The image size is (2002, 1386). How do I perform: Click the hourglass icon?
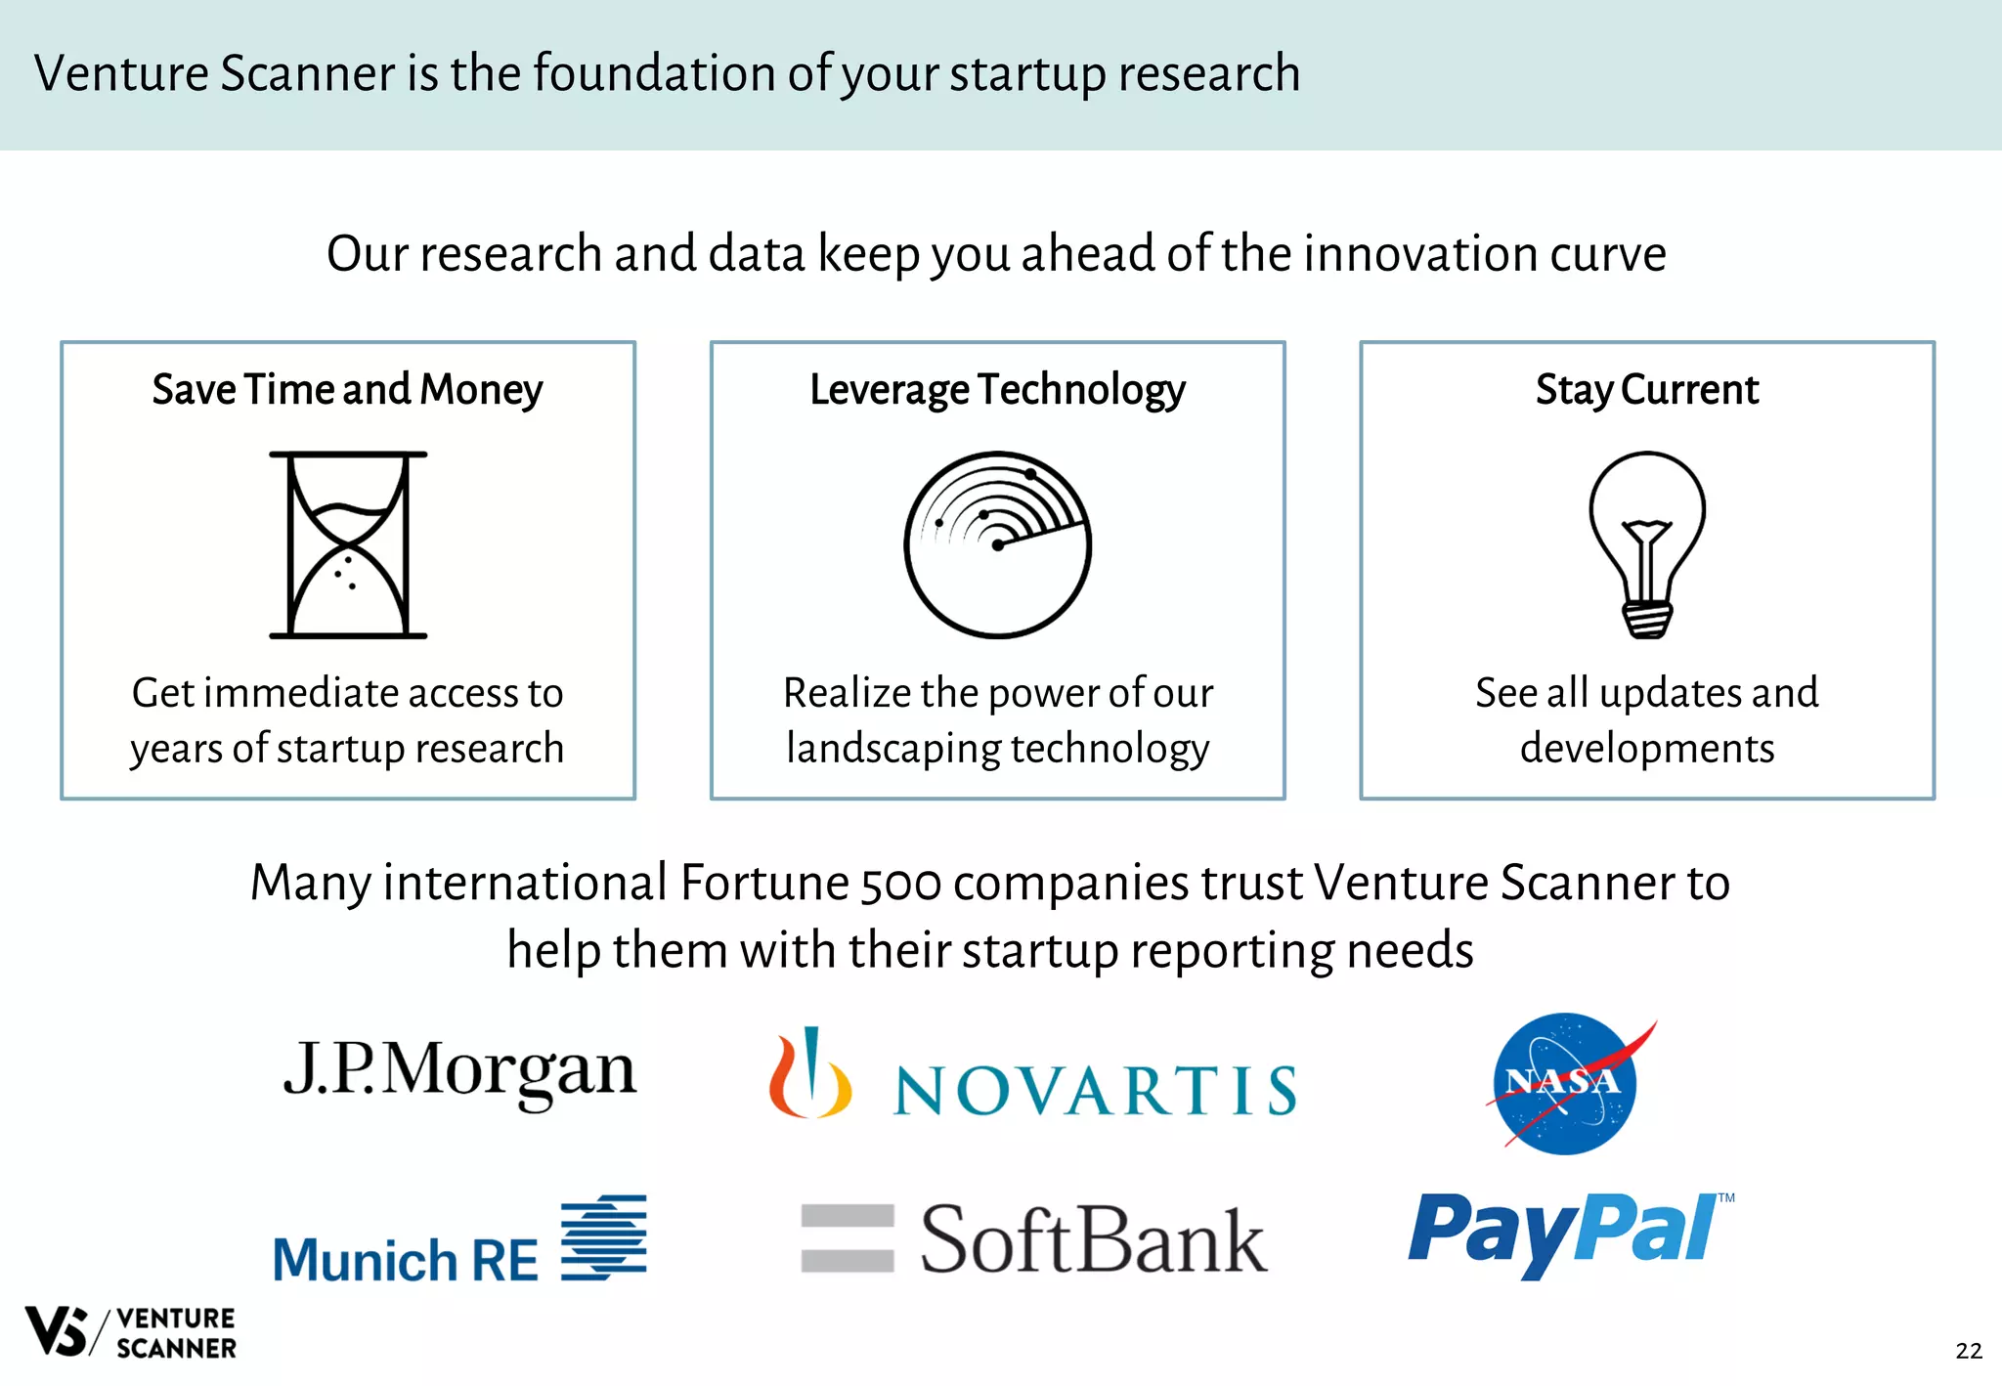point(348,544)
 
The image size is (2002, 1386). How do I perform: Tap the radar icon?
point(997,544)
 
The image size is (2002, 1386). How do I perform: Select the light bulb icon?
point(1647,544)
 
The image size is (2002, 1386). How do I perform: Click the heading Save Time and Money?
point(347,390)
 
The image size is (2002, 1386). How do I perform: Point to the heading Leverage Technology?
point(997,390)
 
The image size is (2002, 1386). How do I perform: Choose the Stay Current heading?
point(1647,390)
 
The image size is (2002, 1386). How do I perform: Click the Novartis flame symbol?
point(808,1075)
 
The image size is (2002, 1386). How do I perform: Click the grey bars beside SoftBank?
point(847,1238)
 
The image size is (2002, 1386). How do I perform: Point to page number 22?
point(1969,1351)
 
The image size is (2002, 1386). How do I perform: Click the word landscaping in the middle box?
point(892,750)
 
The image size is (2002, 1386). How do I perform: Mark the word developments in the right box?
point(1647,749)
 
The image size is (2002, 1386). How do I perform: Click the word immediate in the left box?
point(301,693)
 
